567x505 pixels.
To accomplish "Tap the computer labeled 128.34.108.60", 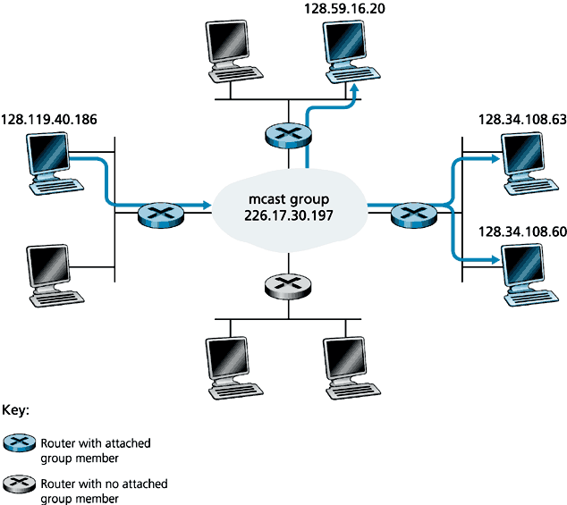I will click(527, 268).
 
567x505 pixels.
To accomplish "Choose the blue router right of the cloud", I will click(414, 215).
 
